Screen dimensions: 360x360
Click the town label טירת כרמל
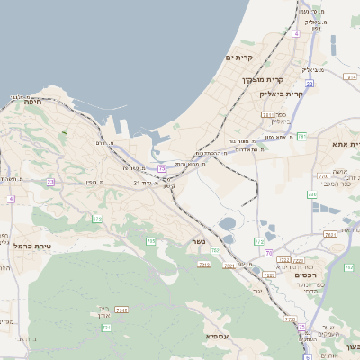(x=35, y=246)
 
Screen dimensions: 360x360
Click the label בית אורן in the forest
(x=101, y=313)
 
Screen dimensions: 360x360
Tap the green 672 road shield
(x=96, y=219)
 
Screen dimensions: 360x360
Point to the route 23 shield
(x=50, y=182)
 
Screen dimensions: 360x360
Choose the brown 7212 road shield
(x=203, y=264)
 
